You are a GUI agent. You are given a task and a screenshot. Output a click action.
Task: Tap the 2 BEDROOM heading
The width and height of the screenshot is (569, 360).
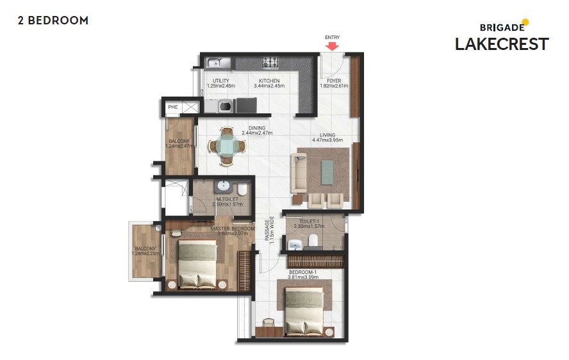[53, 20]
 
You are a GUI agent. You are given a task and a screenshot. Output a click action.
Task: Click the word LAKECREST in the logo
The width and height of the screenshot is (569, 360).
[502, 44]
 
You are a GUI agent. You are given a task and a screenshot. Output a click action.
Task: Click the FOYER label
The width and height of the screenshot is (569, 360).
[334, 81]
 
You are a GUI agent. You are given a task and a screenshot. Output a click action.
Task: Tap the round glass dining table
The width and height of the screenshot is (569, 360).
[226, 145]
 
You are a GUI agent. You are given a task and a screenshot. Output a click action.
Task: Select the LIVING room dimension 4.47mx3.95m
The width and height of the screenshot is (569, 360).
[327, 140]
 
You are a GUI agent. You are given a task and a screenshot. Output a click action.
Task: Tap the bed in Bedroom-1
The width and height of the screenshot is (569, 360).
[304, 311]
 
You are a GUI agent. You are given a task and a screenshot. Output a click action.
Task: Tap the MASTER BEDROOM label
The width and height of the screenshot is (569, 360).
[233, 228]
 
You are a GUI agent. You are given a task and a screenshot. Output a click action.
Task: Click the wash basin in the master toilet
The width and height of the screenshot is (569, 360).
[224, 186]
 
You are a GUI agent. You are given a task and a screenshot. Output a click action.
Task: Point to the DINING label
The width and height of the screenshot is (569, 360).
[257, 128]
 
